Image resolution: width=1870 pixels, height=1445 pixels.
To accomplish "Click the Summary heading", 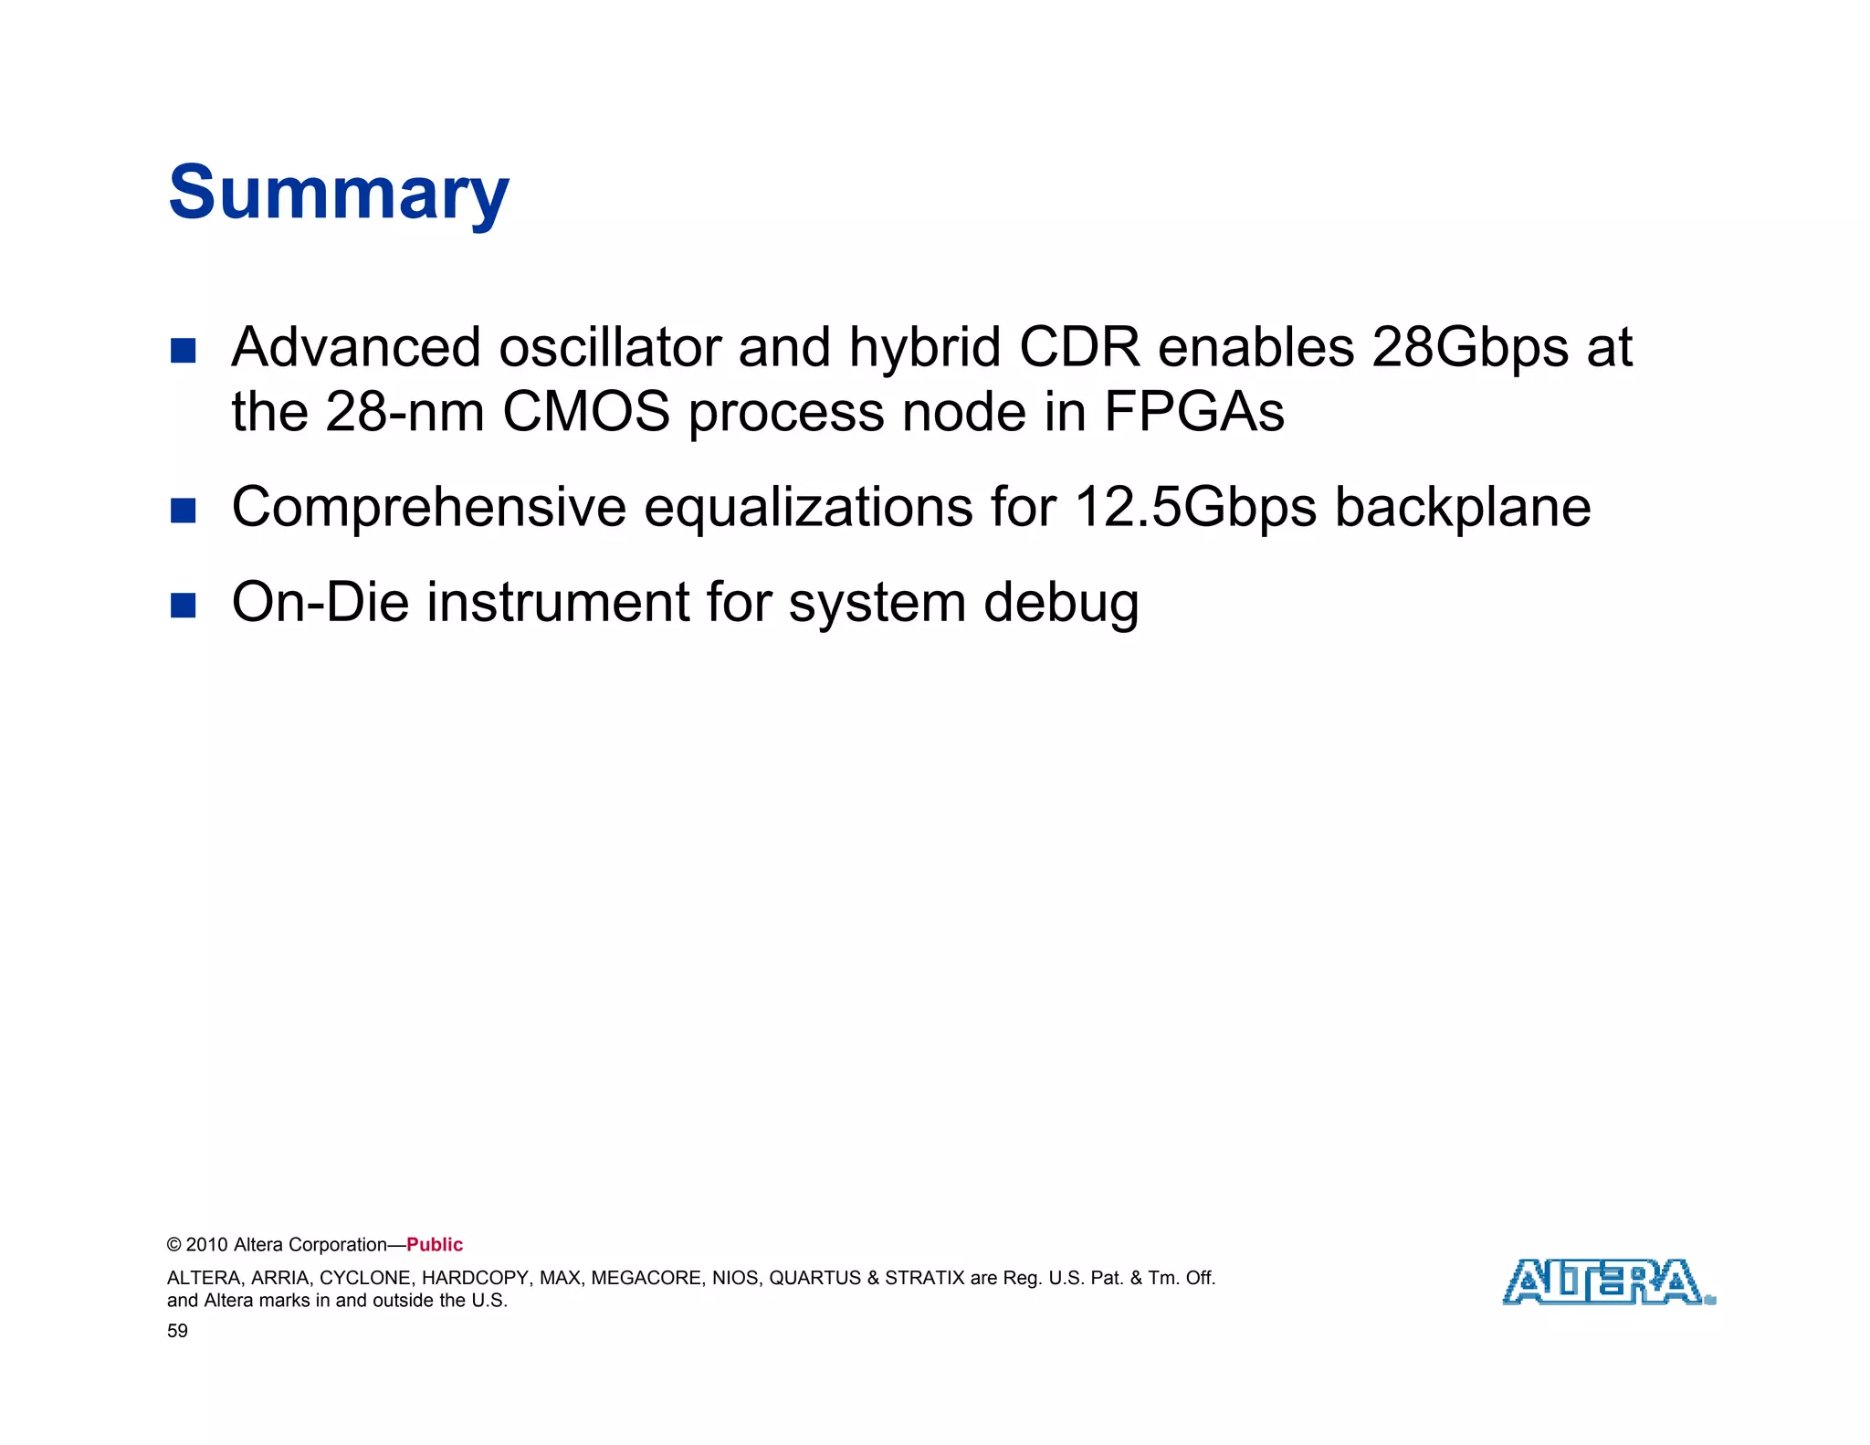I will tap(339, 194).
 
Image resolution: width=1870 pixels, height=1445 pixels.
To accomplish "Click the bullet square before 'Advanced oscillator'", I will tap(184, 351).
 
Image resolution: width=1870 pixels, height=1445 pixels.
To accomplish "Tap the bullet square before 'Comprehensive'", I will tap(184, 511).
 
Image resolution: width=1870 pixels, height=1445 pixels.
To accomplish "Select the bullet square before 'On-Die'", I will tap(184, 606).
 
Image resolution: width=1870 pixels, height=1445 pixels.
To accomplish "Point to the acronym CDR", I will tap(1079, 348).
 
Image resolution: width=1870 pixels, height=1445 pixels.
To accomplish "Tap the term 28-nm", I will tap(404, 412).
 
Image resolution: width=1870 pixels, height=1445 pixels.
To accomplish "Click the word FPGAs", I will tap(1193, 412).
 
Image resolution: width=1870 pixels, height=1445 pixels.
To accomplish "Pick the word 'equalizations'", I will tap(808, 509).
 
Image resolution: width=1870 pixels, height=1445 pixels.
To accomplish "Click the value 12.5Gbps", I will tap(1195, 509).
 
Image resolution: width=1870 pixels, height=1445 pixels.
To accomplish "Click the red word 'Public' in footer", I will tap(435, 1245).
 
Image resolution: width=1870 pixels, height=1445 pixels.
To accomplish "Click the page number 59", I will tap(177, 1331).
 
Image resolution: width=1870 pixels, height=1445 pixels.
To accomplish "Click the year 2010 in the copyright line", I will tap(207, 1245).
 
